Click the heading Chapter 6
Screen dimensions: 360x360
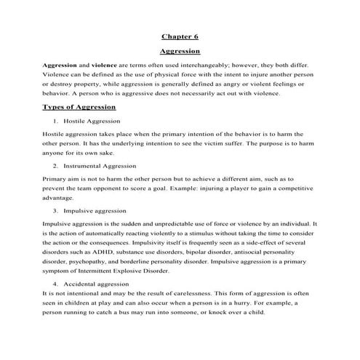(180, 36)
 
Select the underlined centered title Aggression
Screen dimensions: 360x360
(180, 52)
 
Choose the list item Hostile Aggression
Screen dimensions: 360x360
(92, 120)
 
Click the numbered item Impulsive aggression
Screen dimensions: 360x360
(95, 210)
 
